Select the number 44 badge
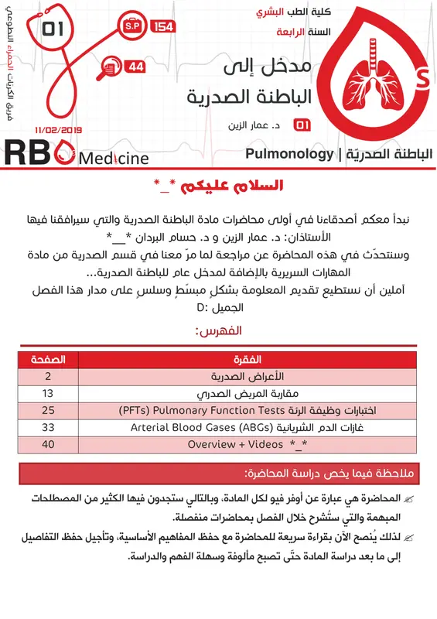[136, 67]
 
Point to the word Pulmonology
[288, 154]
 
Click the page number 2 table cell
[48, 376]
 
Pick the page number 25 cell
[48, 410]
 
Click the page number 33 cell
[48, 427]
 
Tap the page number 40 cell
[48, 444]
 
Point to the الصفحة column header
[48, 360]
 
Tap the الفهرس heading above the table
[220, 331]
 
